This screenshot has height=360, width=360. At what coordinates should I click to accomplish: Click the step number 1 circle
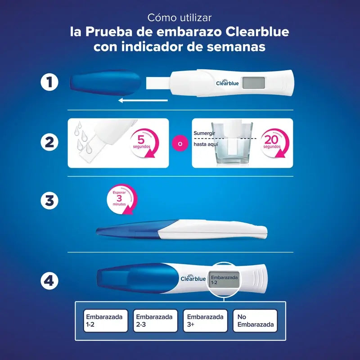pyautogui.click(x=49, y=83)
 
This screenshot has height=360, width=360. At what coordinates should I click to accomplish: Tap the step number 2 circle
pyautogui.click(x=49, y=143)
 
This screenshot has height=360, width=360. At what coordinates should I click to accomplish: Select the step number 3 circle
pyautogui.click(x=49, y=201)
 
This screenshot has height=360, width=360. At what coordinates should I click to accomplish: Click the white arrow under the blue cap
pyautogui.click(x=139, y=100)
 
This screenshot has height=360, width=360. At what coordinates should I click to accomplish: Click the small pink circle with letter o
pyautogui.click(x=180, y=144)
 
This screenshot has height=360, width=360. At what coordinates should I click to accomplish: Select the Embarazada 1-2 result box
pyautogui.click(x=106, y=321)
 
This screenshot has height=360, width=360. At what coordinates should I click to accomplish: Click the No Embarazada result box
pyautogui.click(x=255, y=321)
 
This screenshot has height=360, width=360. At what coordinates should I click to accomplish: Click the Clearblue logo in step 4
pyautogui.click(x=193, y=278)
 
